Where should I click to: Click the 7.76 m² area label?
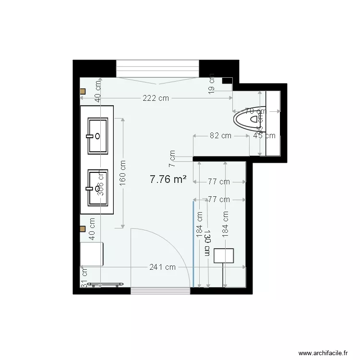(168, 180)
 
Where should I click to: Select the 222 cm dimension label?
(156, 98)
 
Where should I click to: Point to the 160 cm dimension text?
(123, 172)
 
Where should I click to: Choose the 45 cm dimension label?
(264, 136)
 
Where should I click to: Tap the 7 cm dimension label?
(172, 155)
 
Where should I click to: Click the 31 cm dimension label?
(84, 283)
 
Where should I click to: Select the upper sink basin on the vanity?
(97, 136)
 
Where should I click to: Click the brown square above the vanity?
(83, 91)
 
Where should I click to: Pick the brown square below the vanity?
(83, 229)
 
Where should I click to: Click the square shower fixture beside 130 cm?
(224, 255)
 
